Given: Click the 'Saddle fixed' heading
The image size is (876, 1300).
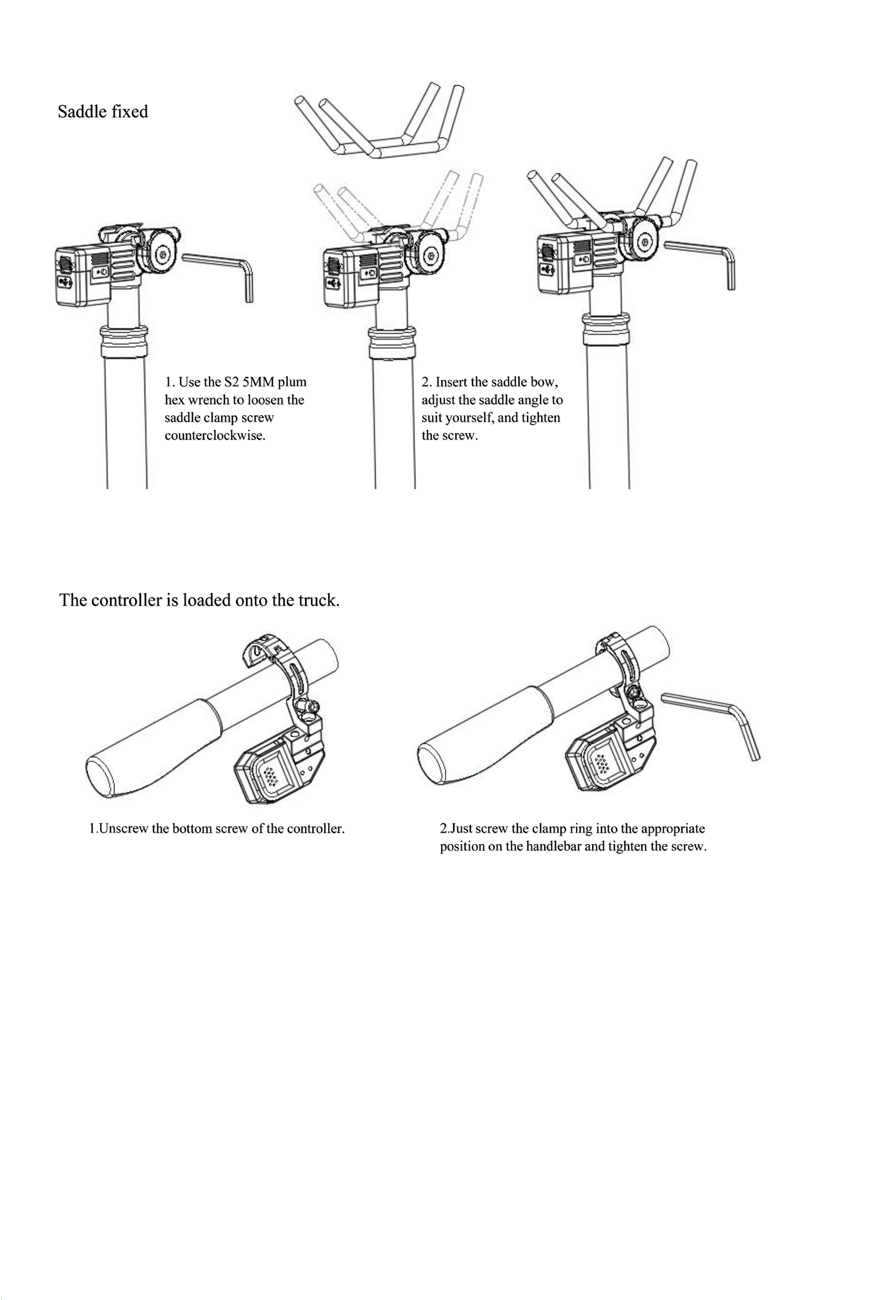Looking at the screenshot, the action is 103,112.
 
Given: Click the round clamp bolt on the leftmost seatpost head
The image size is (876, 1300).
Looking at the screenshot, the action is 162,254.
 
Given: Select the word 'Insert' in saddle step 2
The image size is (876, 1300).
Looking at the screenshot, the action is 451,382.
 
